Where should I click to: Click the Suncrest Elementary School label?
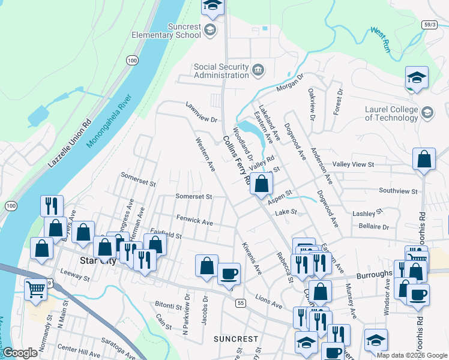pos(166,30)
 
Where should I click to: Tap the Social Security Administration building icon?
pos(258,70)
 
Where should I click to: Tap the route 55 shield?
pos(240,303)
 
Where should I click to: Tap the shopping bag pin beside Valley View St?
pos(424,160)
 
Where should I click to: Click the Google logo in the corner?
pos(20,353)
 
